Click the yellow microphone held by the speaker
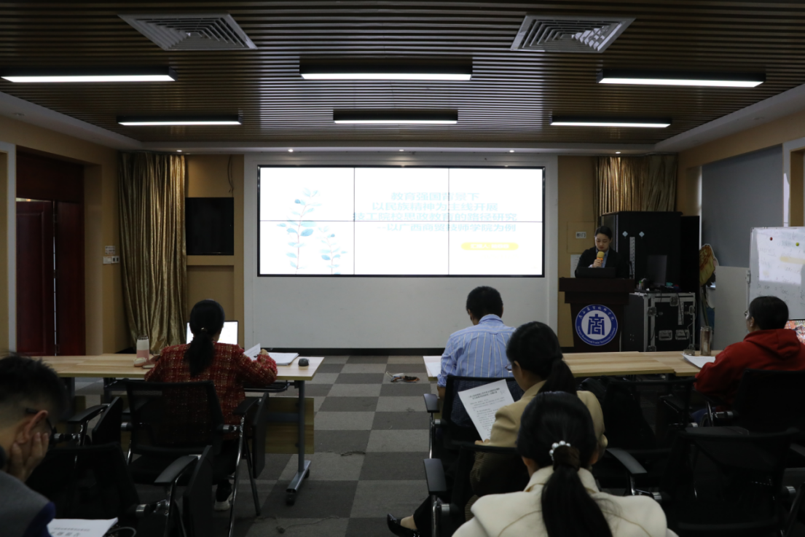[x=600, y=256]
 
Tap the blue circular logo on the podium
[x=596, y=324]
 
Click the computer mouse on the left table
[x=303, y=362]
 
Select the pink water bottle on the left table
[x=142, y=348]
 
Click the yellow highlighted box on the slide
[x=490, y=246]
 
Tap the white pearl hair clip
[x=559, y=447]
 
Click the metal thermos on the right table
[x=704, y=340]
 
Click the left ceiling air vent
[x=189, y=32]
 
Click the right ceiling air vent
[x=570, y=34]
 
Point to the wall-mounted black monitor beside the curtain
[x=209, y=226]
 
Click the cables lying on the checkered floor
[x=403, y=377]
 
